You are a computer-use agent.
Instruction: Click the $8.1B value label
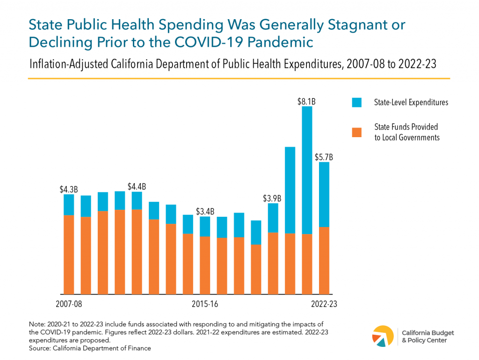(307, 100)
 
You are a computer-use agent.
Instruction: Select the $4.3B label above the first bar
(69, 190)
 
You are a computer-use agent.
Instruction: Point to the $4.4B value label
(137, 186)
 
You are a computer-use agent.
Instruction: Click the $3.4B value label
(205, 211)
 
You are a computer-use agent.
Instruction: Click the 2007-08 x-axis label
(69, 304)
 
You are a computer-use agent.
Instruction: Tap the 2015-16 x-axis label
(205, 304)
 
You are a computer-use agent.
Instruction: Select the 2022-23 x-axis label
(324, 304)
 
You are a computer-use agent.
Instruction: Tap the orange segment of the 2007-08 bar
(69, 255)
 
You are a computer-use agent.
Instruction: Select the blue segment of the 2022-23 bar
(324, 194)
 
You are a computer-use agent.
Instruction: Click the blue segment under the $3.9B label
(273, 218)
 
